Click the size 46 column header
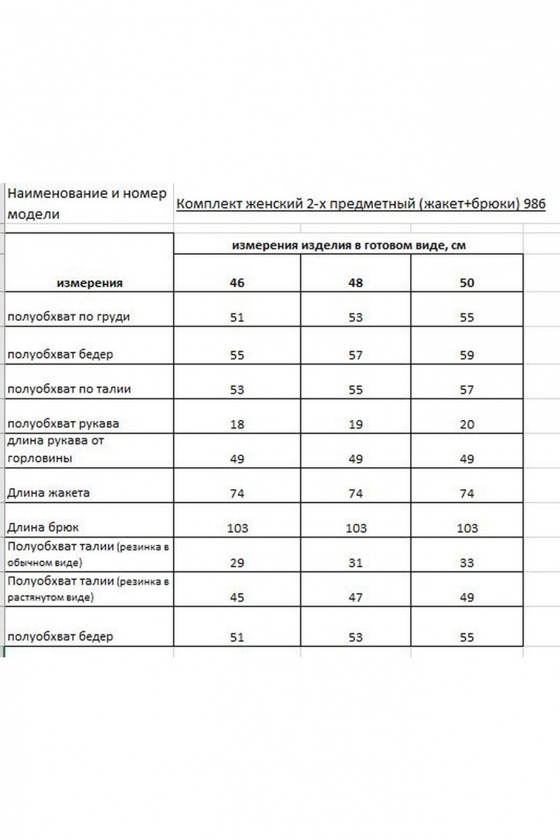coord(237,283)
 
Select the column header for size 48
coord(355,283)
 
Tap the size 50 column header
coord(467,283)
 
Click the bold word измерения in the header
coord(90,283)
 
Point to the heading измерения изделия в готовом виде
coord(349,246)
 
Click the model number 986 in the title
coord(535,204)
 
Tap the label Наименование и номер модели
coord(86,204)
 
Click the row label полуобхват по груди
coord(68,317)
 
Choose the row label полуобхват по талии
coord(69,389)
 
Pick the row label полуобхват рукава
coord(63,423)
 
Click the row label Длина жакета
coord(48,493)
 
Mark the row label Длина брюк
coord(43,528)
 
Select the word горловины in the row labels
coord(39,458)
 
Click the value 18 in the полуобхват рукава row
coord(237,425)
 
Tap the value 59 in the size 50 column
coord(467,355)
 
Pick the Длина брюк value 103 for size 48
coord(355,528)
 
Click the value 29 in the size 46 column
coord(237,563)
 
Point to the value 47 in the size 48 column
coord(355,598)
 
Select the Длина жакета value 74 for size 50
coord(467,494)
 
